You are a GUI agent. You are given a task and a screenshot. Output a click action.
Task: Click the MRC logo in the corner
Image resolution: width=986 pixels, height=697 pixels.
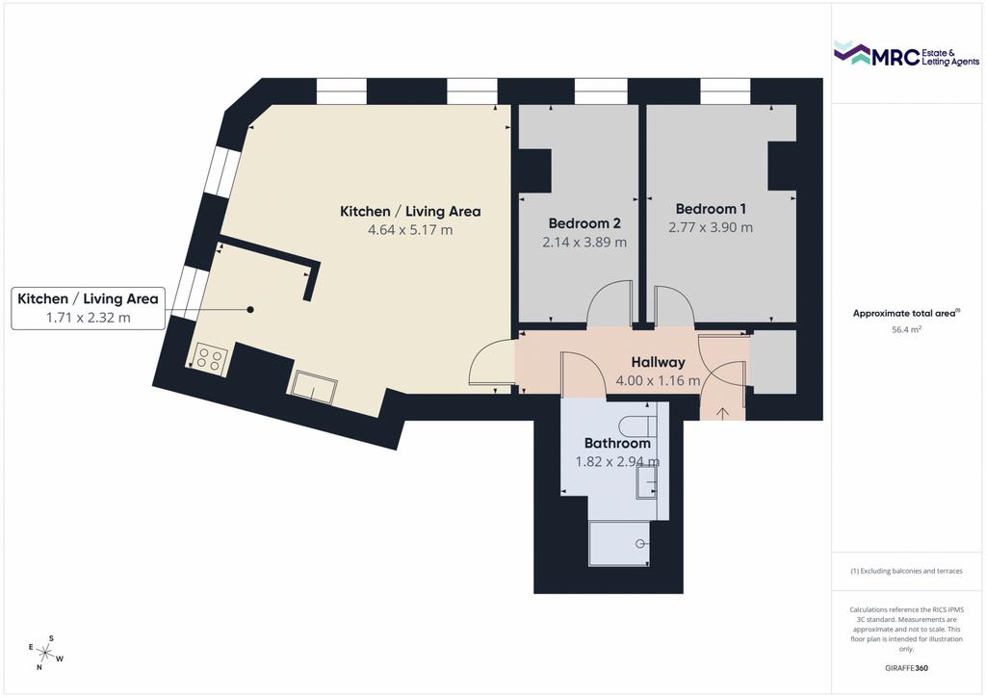point(906,54)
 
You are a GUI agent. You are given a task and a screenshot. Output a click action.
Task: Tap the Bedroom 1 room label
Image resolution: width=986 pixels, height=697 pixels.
point(711,209)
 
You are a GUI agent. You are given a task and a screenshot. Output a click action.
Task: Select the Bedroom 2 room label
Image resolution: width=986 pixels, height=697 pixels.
point(584,223)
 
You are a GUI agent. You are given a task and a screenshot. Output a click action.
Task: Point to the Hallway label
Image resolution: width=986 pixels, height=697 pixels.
point(658,362)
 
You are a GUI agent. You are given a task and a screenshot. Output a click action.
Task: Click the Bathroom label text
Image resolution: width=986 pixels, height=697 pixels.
point(617,443)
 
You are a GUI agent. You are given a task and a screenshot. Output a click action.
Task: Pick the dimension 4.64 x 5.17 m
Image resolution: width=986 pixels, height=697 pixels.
point(410,230)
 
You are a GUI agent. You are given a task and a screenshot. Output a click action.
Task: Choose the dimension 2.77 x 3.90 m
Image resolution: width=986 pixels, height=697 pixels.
point(711,227)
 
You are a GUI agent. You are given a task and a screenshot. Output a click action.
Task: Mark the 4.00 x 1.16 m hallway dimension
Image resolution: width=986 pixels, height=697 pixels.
point(658,381)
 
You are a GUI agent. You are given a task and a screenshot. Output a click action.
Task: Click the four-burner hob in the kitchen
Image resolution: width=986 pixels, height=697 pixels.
point(209,360)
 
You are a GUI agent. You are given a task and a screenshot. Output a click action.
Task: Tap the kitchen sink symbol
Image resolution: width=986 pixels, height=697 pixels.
point(313,386)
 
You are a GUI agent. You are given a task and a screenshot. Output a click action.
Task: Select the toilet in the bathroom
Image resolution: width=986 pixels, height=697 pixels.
point(637,426)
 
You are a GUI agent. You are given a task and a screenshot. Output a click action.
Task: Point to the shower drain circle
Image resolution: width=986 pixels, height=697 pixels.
point(640,544)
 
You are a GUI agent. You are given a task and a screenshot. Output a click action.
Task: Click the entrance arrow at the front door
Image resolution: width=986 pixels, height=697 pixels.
point(723,414)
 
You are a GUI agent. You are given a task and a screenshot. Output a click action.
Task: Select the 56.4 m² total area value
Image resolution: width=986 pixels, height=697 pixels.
point(906,329)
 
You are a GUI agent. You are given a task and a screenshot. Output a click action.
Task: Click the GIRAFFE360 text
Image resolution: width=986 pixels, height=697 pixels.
point(906,668)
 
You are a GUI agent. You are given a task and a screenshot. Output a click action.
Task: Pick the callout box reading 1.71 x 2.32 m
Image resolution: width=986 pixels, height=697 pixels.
point(88,308)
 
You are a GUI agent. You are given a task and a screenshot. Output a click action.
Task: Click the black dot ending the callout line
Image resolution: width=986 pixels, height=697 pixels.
point(250,309)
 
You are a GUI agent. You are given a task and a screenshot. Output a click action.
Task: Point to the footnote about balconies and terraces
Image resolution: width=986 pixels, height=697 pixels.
point(906,571)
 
